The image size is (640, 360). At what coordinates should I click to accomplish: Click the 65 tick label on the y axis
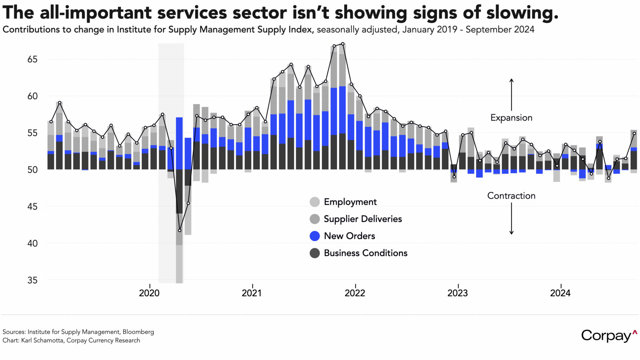pyautogui.click(x=32, y=59)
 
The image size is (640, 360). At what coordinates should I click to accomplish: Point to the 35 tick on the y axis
pyautogui.click(x=32, y=280)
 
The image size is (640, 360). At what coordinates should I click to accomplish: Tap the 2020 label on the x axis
pyautogui.click(x=149, y=293)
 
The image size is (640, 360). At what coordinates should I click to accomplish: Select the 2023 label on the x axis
pyautogui.click(x=458, y=293)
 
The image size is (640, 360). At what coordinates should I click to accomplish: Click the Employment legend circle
pyautogui.click(x=315, y=202)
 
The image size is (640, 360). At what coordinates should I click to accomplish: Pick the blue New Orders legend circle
pyautogui.click(x=315, y=236)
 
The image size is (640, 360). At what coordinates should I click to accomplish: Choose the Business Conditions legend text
pyautogui.click(x=365, y=253)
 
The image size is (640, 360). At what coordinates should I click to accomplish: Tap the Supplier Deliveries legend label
pyautogui.click(x=362, y=219)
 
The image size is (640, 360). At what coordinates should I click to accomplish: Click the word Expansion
pyautogui.click(x=511, y=118)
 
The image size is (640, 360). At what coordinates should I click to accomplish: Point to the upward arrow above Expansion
pyautogui.click(x=511, y=94)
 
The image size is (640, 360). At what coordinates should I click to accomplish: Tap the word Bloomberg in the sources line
pyautogui.click(x=138, y=332)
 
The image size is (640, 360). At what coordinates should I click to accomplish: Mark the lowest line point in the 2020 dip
pyautogui.click(x=180, y=230)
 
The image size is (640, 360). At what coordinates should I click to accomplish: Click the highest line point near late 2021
pyautogui.click(x=343, y=44)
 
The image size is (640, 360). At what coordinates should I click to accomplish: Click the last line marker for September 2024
pyautogui.click(x=634, y=134)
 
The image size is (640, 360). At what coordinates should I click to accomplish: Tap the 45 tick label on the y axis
pyautogui.click(x=32, y=207)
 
